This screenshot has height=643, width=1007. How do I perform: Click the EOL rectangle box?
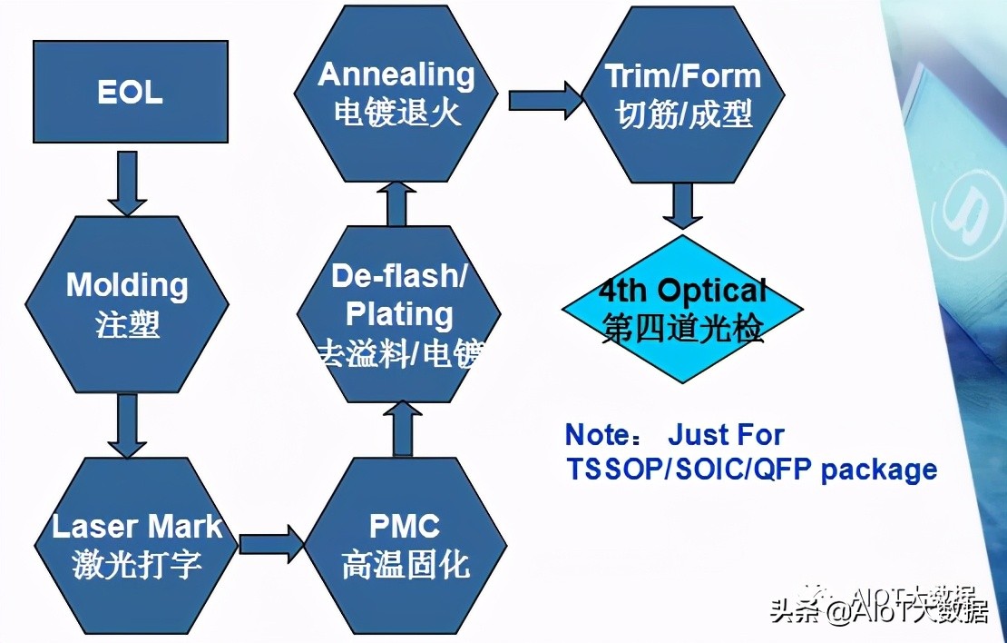click(132, 91)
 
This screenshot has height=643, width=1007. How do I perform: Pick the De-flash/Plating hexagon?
click(399, 313)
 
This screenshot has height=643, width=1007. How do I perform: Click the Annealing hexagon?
click(396, 93)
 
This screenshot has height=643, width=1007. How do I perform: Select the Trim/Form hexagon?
click(683, 93)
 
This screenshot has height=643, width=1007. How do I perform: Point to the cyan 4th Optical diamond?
click(682, 309)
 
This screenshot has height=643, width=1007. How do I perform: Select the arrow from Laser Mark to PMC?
click(270, 543)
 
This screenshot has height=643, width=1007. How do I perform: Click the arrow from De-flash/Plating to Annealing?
click(396, 202)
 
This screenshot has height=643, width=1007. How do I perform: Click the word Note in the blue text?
click(596, 435)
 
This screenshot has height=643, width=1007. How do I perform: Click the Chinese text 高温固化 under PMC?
click(406, 565)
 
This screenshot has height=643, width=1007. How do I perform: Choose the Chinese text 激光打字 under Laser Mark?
click(137, 565)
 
